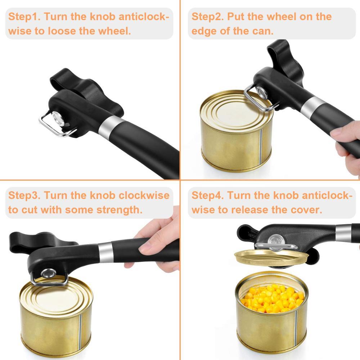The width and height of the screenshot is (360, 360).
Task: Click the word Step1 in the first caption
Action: [x=24, y=17]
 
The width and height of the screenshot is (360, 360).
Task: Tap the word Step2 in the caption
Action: [x=208, y=17]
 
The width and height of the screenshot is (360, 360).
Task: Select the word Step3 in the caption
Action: [x=24, y=195]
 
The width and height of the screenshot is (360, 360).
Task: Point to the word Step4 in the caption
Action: [x=208, y=195]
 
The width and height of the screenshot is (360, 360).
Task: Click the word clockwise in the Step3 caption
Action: [x=144, y=195]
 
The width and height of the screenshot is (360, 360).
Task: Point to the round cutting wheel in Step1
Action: [x=57, y=118]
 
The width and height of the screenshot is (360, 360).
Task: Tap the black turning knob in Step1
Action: [x=87, y=92]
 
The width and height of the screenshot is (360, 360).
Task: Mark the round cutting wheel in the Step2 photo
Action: [x=262, y=93]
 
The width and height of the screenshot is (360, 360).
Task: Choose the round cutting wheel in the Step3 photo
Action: [x=48, y=274]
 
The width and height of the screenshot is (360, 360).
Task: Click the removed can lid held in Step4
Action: [x=271, y=258]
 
